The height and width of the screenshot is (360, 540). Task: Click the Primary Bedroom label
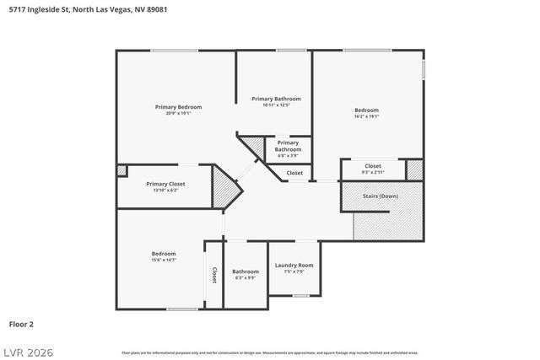178,107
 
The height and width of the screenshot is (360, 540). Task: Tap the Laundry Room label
294,266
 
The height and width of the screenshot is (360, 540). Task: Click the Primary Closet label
165,184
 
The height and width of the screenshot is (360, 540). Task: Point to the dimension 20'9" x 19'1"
178,114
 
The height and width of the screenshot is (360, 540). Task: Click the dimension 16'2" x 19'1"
366,117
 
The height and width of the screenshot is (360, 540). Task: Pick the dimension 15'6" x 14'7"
164,261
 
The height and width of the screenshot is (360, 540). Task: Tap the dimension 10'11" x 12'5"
276,105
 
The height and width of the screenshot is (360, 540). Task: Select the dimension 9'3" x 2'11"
373,172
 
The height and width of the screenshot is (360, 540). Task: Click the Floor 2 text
21,323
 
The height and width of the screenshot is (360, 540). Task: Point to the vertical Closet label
214,275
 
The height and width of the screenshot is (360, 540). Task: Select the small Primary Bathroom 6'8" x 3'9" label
288,149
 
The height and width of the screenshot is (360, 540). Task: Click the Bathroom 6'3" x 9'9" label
246,274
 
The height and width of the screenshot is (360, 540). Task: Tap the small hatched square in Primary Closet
121,170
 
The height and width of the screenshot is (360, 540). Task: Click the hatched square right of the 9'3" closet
414,169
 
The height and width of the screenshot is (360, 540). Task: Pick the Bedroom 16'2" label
366,110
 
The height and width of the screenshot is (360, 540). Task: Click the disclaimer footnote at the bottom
270,352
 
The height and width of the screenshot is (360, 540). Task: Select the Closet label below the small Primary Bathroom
294,173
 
